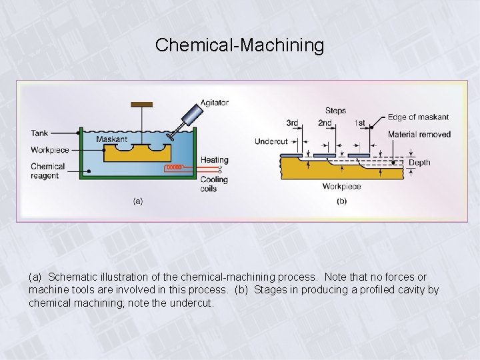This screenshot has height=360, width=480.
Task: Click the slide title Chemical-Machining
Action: (x=239, y=45)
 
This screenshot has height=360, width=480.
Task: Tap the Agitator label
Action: (x=215, y=103)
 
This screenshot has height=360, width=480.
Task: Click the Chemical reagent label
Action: (x=48, y=171)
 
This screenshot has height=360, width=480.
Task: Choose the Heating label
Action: (x=213, y=160)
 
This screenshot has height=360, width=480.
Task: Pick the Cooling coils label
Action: (x=213, y=184)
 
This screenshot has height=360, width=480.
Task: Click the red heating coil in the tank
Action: (x=174, y=167)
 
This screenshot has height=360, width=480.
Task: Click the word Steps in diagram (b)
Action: (x=335, y=111)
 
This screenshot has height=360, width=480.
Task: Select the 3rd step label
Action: (x=293, y=123)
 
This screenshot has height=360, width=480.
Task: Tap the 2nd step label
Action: (x=325, y=123)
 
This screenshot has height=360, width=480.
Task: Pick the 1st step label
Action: (x=359, y=123)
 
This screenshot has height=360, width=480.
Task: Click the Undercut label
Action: (x=271, y=141)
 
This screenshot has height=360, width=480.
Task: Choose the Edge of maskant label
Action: (x=418, y=117)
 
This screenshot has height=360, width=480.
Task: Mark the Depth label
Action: (x=419, y=162)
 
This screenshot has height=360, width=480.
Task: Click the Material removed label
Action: (x=419, y=134)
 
